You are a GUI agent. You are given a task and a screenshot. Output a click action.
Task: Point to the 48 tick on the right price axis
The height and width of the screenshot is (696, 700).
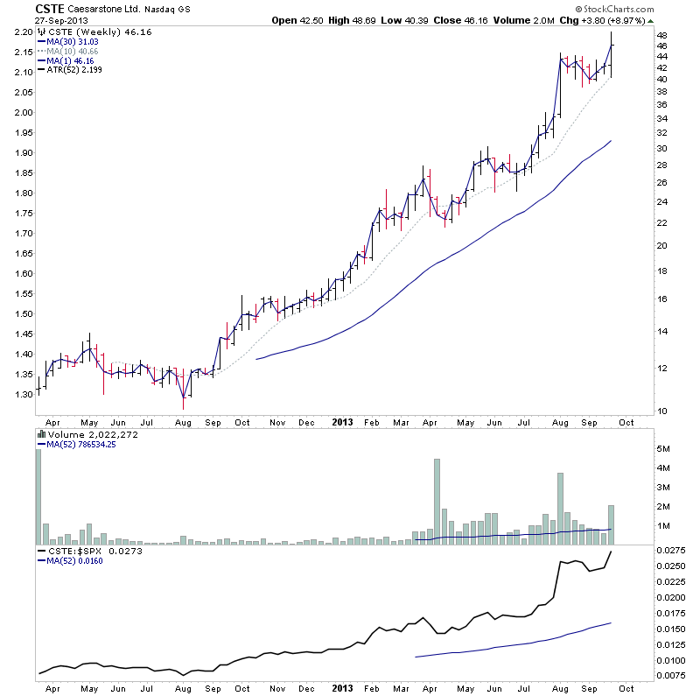tap(662, 36)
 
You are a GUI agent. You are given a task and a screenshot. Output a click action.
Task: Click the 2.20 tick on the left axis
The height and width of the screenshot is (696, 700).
tap(23, 32)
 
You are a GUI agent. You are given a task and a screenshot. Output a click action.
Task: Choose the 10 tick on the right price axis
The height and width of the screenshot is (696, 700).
tap(662, 411)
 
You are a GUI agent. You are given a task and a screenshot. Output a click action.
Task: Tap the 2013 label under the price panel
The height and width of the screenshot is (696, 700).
tap(343, 421)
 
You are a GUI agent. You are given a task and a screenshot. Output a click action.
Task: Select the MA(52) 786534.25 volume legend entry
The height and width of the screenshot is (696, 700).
tap(82, 445)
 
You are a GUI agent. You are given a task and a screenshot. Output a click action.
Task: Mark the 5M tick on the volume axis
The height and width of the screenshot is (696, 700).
tap(664, 448)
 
